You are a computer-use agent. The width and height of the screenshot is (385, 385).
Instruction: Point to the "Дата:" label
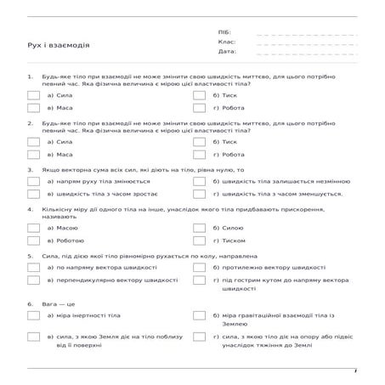tap(226, 51)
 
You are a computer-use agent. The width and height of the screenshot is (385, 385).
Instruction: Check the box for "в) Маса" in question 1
tap(33, 109)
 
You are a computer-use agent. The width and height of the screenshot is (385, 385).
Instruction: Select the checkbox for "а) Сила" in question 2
tap(33, 141)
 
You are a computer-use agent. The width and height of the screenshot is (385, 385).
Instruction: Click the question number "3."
tap(31, 170)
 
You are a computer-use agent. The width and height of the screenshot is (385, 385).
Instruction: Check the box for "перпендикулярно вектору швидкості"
tap(33, 280)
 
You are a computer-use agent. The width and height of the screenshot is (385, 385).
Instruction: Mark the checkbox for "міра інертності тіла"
tap(33, 314)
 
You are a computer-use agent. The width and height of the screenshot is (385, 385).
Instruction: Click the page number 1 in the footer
tap(356, 371)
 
